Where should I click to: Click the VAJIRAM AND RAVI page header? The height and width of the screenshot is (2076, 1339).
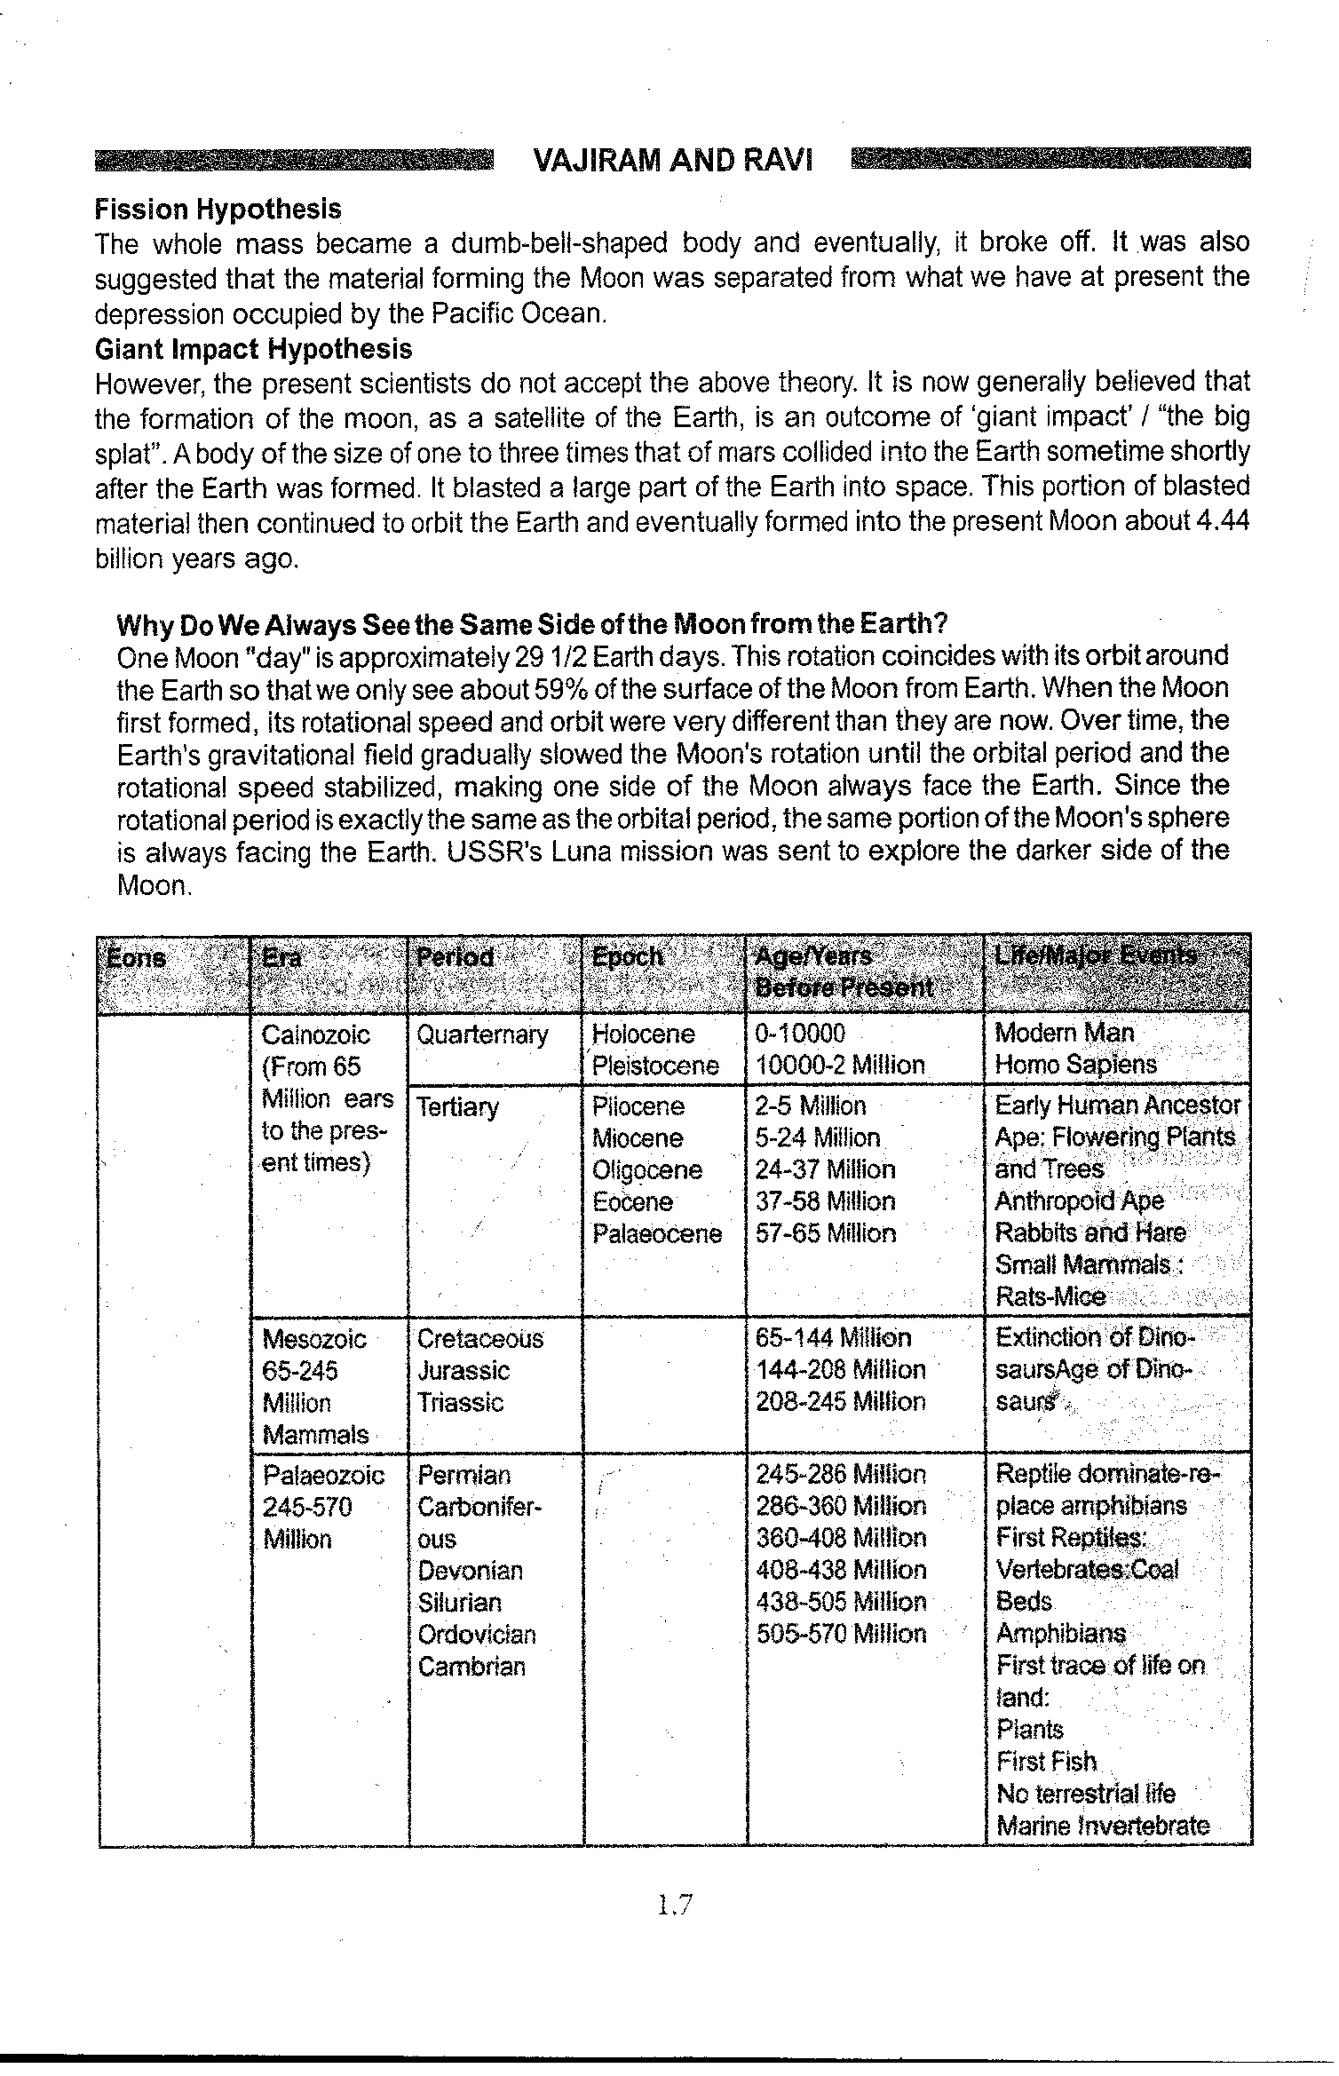click(x=672, y=161)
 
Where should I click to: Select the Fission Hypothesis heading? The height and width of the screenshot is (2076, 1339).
click(x=218, y=210)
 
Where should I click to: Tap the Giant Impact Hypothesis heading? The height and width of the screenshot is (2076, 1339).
click(x=253, y=349)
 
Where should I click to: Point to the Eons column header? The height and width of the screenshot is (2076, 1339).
click(x=136, y=958)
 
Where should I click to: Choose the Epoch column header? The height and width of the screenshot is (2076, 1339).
click(x=627, y=957)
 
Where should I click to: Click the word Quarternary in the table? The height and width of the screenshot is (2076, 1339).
click(x=482, y=1034)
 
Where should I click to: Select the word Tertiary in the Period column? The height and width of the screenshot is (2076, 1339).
click(x=457, y=1107)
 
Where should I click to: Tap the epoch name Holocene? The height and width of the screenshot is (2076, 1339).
click(x=643, y=1034)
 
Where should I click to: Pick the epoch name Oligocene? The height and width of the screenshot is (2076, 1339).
click(x=647, y=1170)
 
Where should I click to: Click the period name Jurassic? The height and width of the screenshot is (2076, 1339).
click(x=463, y=1370)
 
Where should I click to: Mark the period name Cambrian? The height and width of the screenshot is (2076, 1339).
click(x=471, y=1666)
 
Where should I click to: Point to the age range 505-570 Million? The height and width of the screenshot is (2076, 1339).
click(x=840, y=1634)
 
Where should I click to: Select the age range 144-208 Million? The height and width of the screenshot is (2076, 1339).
click(x=840, y=1370)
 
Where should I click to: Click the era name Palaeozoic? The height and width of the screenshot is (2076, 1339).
click(x=323, y=1475)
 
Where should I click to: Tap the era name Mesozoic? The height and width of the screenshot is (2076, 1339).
click(x=314, y=1338)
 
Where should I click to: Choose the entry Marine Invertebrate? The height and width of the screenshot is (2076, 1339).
click(x=1103, y=1826)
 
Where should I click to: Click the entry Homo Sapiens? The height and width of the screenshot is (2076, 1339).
click(x=1075, y=1065)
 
